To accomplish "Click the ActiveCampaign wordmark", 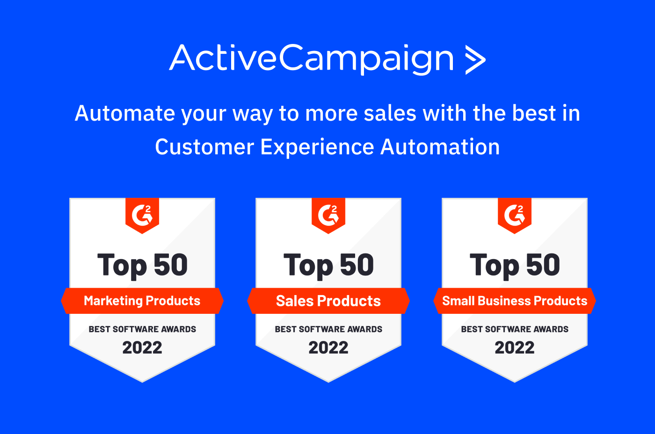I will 311,58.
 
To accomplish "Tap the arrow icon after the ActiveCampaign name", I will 475,59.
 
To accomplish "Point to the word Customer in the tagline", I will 204,147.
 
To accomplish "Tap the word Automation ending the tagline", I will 440,147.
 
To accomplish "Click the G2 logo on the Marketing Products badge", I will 142,215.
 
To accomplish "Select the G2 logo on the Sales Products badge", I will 328,215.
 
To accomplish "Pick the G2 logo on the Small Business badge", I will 515,215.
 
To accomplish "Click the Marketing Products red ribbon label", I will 142,301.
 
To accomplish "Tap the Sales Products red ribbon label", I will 328,301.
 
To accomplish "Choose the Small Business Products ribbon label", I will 515,301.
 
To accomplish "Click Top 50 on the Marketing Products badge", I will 142,265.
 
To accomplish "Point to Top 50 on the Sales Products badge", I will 328,265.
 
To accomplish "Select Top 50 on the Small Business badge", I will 515,265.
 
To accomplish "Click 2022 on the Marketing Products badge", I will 142,347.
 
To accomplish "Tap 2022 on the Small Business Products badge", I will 515,347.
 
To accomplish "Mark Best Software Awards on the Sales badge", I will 328,329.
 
